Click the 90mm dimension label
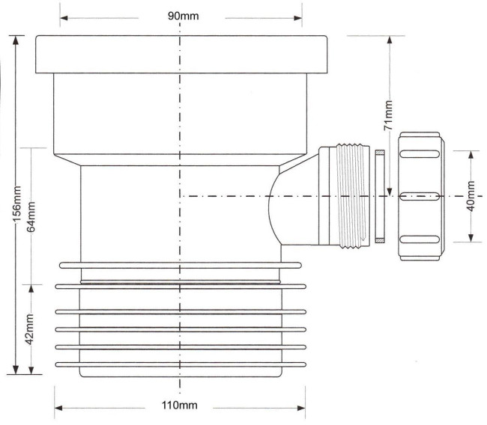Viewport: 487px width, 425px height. point(184,16)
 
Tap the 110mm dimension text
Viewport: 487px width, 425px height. point(180,405)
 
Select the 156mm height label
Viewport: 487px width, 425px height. point(16,204)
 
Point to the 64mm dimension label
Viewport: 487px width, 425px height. point(31,216)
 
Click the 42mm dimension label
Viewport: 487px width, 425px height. point(30,329)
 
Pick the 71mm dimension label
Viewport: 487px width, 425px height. point(389,115)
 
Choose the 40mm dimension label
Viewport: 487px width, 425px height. point(471,196)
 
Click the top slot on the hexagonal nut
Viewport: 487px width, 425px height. point(420,154)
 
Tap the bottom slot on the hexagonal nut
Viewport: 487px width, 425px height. point(420,239)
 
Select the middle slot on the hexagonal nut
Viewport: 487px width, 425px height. point(420,196)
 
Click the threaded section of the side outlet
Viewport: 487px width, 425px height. point(354,196)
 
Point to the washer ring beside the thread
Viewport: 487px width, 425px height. point(380,196)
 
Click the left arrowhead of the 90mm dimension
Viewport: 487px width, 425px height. point(64,18)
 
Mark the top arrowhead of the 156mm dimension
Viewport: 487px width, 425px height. point(16,40)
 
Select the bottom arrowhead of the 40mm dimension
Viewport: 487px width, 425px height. point(471,238)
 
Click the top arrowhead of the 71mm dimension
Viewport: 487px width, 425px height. point(390,40)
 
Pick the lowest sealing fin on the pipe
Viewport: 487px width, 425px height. point(181,365)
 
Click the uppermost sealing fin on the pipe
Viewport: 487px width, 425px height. point(181,265)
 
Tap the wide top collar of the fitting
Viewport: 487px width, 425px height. point(181,55)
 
